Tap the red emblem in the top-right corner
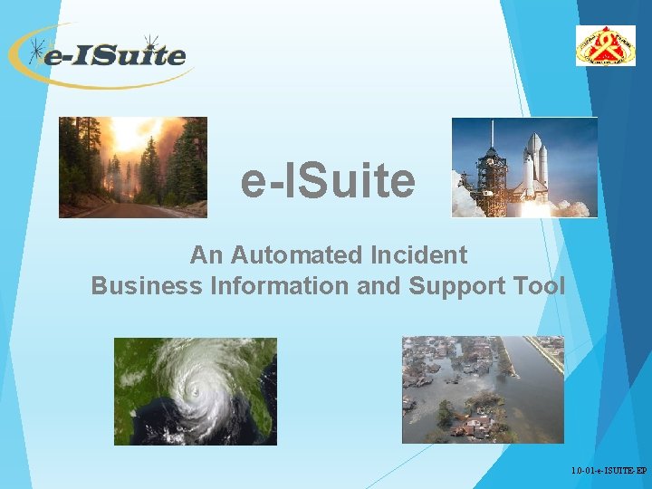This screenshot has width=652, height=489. pos(605,45)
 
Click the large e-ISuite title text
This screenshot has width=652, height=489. pos(328,181)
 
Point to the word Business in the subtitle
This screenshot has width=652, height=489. pos(147,286)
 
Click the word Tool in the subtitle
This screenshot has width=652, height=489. pos(542,286)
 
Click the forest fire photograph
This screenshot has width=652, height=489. pos(133,168)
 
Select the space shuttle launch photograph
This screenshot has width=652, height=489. pos(524,168)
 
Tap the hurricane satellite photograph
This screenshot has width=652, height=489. pos(195,390)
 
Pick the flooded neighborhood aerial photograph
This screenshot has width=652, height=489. pos(483,390)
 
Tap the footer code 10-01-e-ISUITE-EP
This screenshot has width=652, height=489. pos(609,472)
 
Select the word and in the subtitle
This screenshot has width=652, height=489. pos(380,286)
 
